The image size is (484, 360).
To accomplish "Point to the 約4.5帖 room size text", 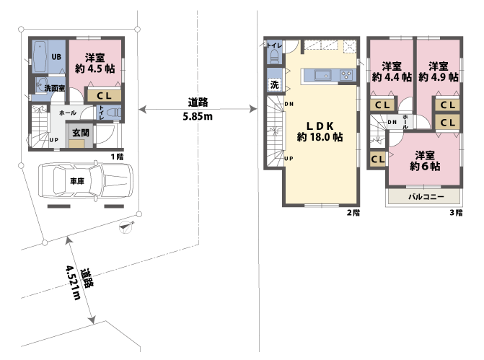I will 95,69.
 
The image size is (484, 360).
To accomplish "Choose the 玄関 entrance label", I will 80,133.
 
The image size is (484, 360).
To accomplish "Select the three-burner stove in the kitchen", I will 345,74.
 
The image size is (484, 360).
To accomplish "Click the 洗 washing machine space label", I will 275,84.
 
